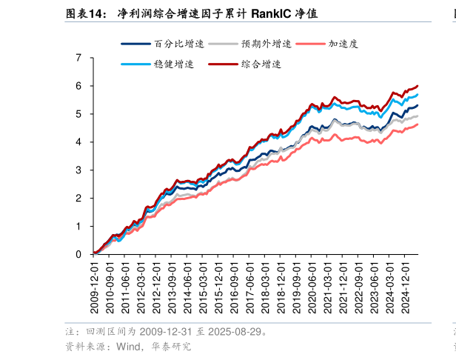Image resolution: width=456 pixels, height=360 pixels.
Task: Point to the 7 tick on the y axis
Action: point(78,58)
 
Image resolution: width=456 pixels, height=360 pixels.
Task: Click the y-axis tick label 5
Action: point(78,114)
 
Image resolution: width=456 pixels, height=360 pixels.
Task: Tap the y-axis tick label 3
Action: point(78,170)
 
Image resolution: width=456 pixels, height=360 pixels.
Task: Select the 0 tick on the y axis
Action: point(78,255)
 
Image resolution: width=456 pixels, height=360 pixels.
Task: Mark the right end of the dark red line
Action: point(418,86)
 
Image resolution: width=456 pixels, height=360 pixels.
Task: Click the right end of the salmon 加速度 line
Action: point(418,124)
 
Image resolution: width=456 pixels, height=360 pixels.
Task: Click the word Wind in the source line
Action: point(127,346)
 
